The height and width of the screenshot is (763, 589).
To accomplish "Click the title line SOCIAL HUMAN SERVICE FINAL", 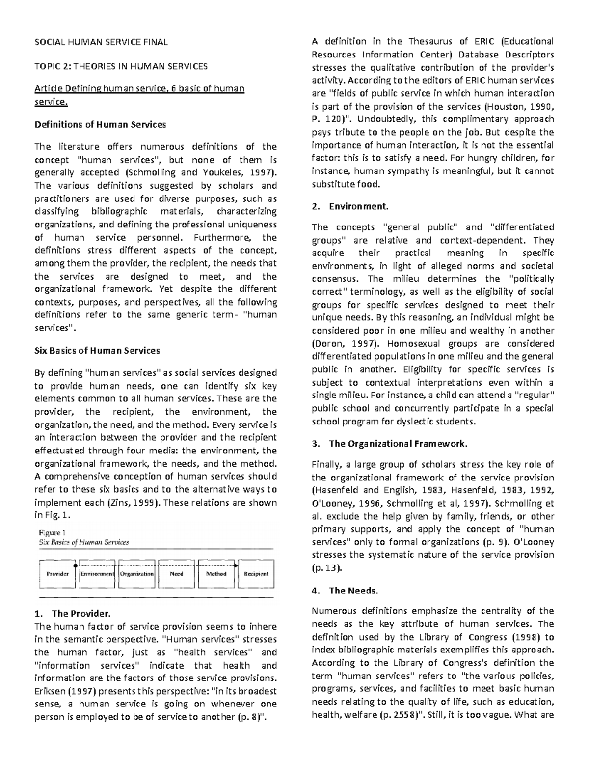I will point(101,42).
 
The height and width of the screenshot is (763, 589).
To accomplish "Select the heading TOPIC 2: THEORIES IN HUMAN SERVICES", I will point(121,66).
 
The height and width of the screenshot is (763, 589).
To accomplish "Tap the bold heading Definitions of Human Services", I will point(100,124).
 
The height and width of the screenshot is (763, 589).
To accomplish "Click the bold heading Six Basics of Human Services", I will point(97,351).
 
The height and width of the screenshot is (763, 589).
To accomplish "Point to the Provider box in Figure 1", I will point(57,574).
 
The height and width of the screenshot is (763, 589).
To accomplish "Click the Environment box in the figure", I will point(97,574).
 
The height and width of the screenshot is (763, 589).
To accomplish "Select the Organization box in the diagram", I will point(137,574).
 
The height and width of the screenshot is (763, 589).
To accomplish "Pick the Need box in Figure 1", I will point(176,574).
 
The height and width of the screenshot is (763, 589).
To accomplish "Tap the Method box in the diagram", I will point(216,574).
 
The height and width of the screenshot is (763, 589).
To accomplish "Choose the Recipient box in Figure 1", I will point(256,574).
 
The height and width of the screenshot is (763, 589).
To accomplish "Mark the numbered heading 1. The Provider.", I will point(73,614).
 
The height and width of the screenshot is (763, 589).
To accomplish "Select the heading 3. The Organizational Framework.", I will point(390,444).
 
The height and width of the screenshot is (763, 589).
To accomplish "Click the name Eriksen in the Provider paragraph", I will point(50,691).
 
